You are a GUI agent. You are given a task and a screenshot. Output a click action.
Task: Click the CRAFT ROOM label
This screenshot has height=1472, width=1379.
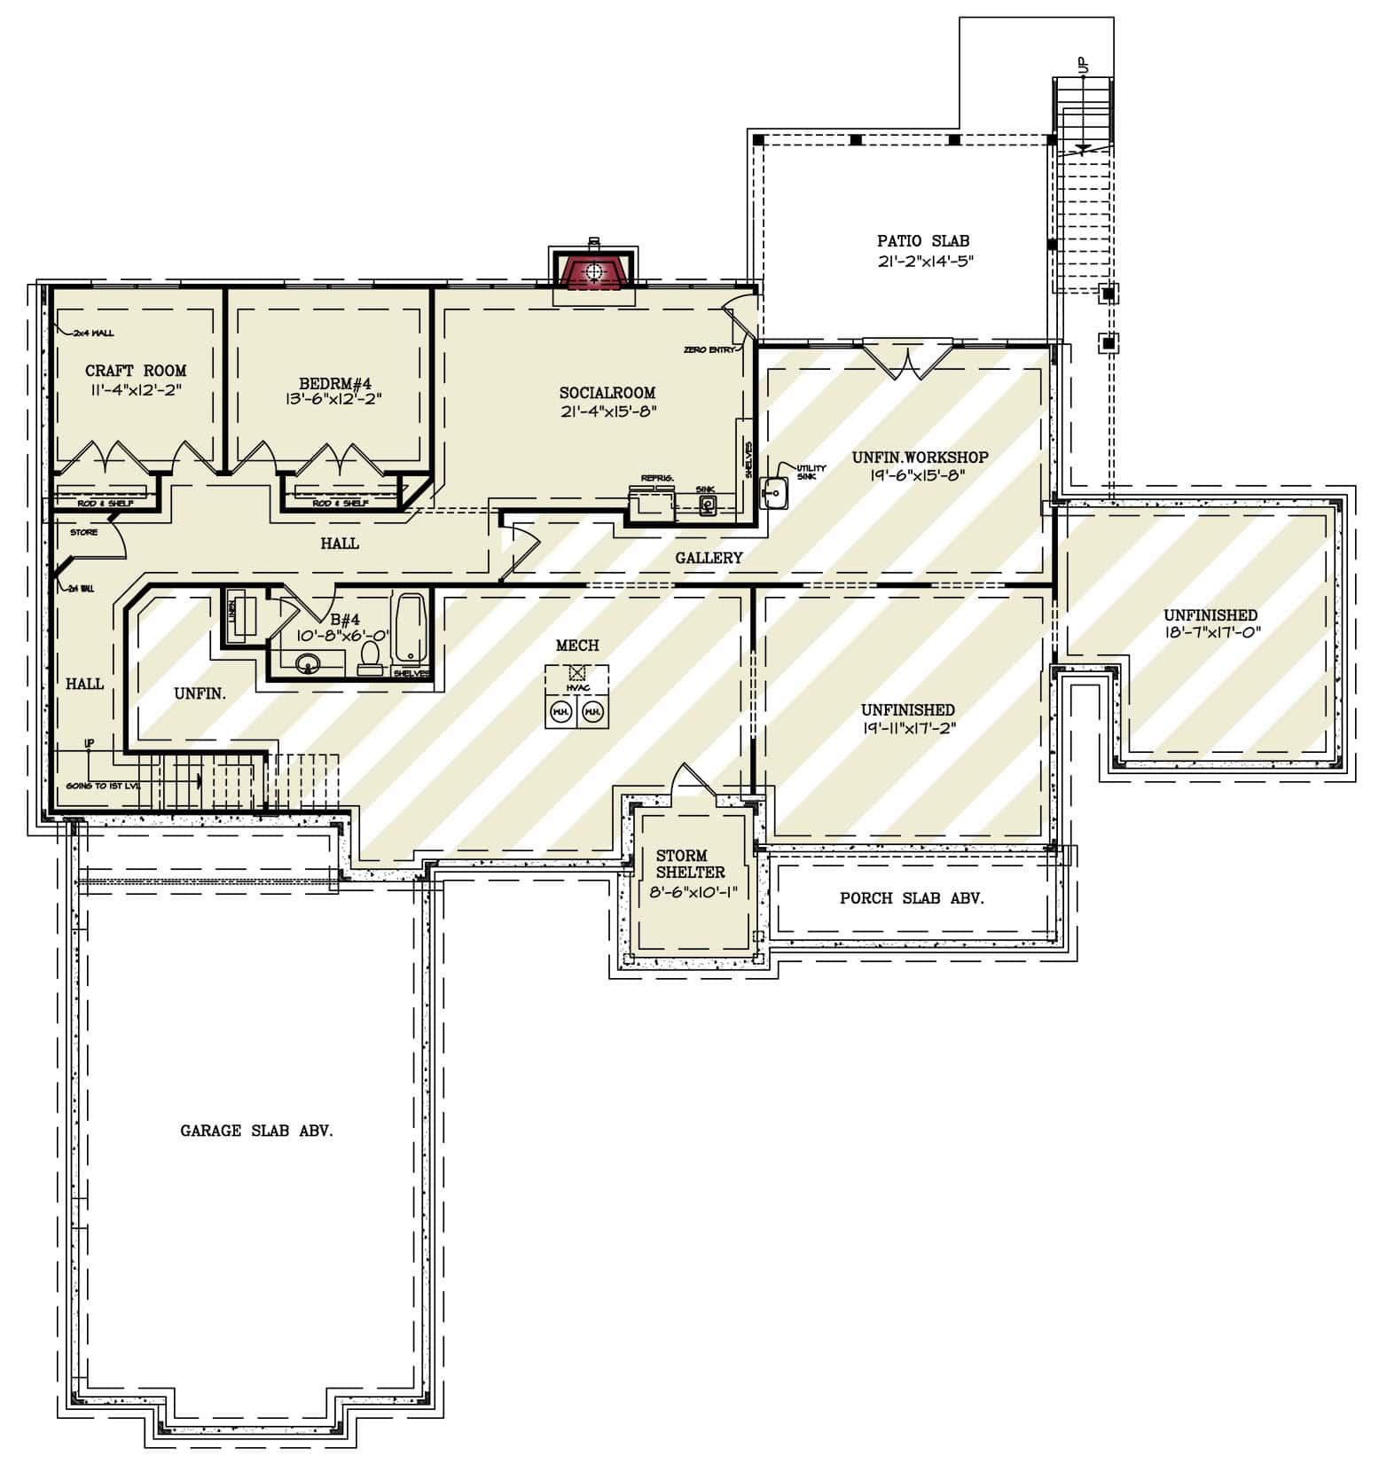[x=136, y=371]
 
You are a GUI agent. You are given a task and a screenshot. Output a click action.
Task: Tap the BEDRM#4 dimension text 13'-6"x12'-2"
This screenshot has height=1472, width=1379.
[x=341, y=399]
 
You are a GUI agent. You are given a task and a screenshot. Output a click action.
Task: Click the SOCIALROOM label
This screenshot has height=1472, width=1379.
[x=607, y=393]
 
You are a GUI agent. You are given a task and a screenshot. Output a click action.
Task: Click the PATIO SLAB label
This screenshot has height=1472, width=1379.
[x=922, y=240]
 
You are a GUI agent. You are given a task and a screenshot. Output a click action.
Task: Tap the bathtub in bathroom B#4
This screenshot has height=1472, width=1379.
[x=409, y=629]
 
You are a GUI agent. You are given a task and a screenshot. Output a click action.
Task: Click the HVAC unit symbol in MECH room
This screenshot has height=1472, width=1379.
[x=576, y=673]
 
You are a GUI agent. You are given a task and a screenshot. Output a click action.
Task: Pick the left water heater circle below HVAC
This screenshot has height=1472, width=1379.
[x=560, y=711]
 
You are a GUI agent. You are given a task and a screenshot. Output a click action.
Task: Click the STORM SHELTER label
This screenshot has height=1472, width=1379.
[x=690, y=864]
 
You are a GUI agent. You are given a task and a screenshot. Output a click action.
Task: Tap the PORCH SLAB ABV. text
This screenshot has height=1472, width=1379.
[x=912, y=898]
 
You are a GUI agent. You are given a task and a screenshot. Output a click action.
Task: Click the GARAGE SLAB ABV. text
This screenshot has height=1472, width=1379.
[x=256, y=1131]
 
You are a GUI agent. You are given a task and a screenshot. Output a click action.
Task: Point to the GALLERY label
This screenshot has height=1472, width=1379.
[x=709, y=558]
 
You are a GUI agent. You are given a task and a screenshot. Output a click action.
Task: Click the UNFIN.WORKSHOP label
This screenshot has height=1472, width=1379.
[x=920, y=458]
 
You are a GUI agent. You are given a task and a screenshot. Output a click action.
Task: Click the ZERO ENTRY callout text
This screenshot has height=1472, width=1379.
[x=709, y=350]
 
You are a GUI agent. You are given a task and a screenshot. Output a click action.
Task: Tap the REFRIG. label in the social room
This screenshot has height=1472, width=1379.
[x=657, y=479]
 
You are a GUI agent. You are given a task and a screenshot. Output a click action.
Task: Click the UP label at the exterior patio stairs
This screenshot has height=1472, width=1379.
[x=1082, y=65]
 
